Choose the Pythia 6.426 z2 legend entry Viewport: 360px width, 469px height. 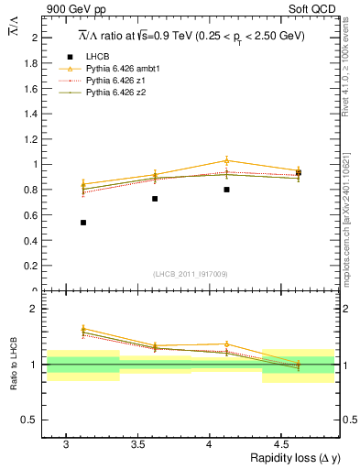(113, 92)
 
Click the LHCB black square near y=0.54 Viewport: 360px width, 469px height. (83, 223)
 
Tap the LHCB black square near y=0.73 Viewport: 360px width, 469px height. (155, 199)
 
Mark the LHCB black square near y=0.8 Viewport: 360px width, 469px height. (226, 190)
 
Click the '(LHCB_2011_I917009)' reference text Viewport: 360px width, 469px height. (190, 274)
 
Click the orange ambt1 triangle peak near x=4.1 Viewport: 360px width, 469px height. (226, 160)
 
